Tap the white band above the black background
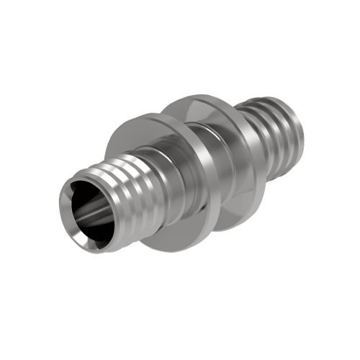(180, 22)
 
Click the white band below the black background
(180, 338)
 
